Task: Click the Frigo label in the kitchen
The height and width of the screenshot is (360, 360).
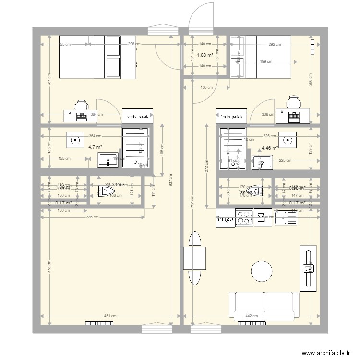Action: tap(225, 219)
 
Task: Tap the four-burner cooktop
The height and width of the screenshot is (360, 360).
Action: tap(244, 218)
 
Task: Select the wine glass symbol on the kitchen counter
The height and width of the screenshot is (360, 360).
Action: tap(262, 218)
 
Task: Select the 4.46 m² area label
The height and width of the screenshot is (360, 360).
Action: tap(270, 148)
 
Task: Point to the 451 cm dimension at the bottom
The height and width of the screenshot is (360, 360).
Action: tap(110, 316)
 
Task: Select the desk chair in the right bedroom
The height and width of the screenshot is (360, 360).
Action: tap(292, 102)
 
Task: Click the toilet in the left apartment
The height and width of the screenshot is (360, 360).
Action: tap(105, 192)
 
